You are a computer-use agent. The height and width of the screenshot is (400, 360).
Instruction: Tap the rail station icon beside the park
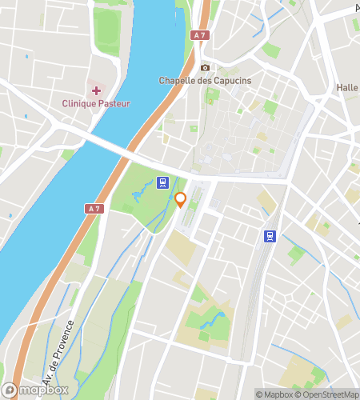[x=163, y=183]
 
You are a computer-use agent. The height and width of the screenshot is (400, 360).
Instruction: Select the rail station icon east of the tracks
[x=271, y=236]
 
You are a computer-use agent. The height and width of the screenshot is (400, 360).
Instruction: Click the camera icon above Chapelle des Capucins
[x=206, y=68]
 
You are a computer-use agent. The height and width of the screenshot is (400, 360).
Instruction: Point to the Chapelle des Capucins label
[x=206, y=80]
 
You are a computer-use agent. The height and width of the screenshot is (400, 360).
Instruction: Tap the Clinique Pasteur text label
[x=96, y=103]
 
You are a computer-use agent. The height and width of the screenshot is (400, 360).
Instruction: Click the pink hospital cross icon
[x=96, y=90]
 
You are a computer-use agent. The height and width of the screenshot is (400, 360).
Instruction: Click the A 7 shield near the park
[x=94, y=209]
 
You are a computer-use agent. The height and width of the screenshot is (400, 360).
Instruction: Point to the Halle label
[x=347, y=87]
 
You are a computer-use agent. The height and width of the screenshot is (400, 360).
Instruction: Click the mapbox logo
[x=35, y=390]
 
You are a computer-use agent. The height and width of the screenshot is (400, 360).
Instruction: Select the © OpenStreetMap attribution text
[x=329, y=394]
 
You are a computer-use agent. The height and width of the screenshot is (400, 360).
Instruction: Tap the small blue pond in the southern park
[x=214, y=322]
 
